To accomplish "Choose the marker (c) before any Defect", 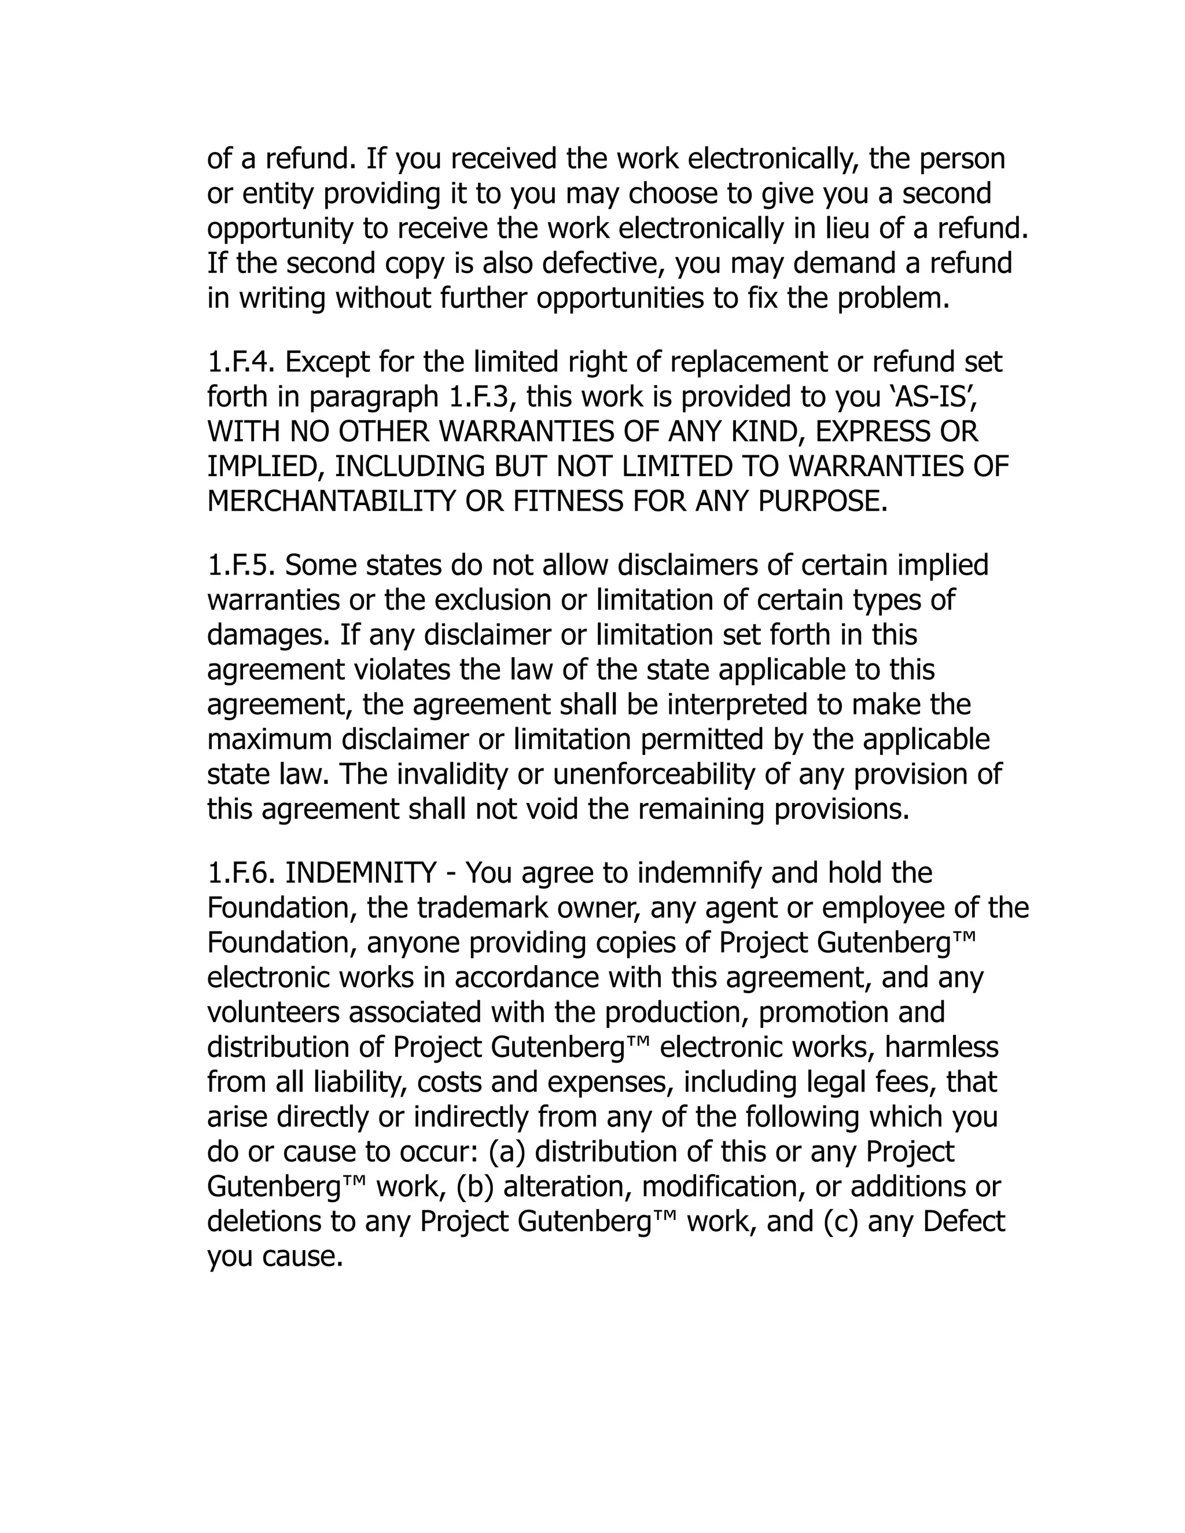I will click(840, 1222).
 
